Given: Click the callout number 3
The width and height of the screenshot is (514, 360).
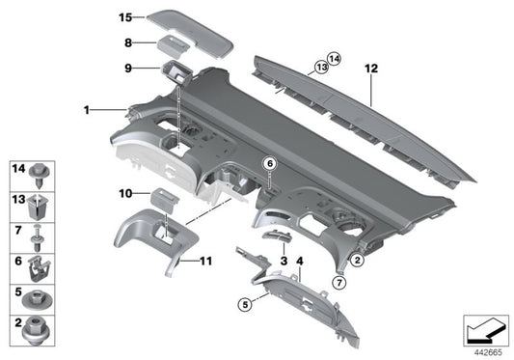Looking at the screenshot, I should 283,262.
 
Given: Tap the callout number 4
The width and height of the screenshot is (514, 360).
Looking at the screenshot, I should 300,262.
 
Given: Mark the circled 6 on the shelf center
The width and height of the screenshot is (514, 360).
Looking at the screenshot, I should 271,164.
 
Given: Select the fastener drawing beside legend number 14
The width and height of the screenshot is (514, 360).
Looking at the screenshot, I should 41,175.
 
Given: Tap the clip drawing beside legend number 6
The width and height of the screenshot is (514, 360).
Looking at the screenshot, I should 41,261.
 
